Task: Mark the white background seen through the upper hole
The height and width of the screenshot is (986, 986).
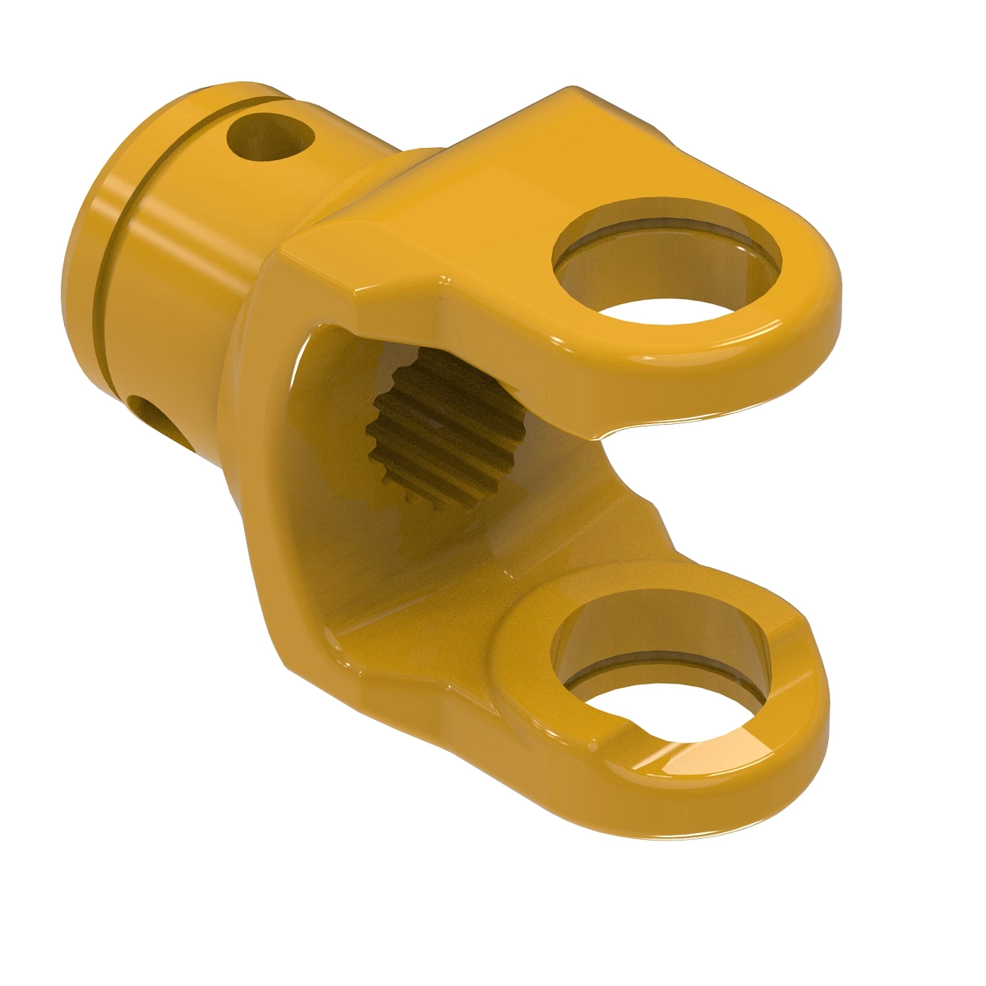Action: point(666,311)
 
